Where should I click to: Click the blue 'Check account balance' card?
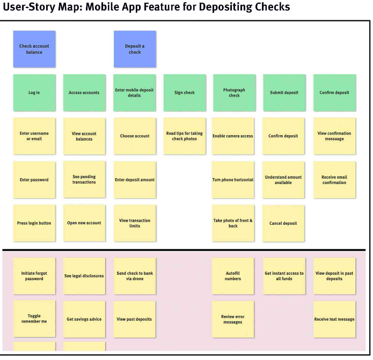click(x=34, y=49)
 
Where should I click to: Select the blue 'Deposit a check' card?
click(x=135, y=49)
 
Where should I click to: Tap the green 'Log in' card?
click(x=34, y=93)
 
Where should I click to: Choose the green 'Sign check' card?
click(x=185, y=93)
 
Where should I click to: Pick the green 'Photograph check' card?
click(x=235, y=93)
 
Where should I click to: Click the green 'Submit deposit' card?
click(x=284, y=93)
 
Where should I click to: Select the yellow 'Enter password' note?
click(x=34, y=180)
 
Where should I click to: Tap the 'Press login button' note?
click(x=34, y=223)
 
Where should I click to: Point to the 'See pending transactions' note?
click(x=84, y=179)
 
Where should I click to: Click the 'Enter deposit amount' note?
click(x=135, y=180)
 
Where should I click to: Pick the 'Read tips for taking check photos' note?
click(x=185, y=136)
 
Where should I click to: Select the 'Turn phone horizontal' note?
click(x=233, y=180)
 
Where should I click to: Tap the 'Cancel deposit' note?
click(x=283, y=223)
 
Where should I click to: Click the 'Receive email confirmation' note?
click(x=334, y=180)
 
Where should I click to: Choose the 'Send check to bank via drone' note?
click(x=135, y=276)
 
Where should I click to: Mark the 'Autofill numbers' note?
click(x=233, y=276)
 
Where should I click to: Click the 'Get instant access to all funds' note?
click(x=284, y=276)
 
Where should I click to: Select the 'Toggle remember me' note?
click(x=34, y=319)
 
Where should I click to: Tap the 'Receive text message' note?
click(x=334, y=319)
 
